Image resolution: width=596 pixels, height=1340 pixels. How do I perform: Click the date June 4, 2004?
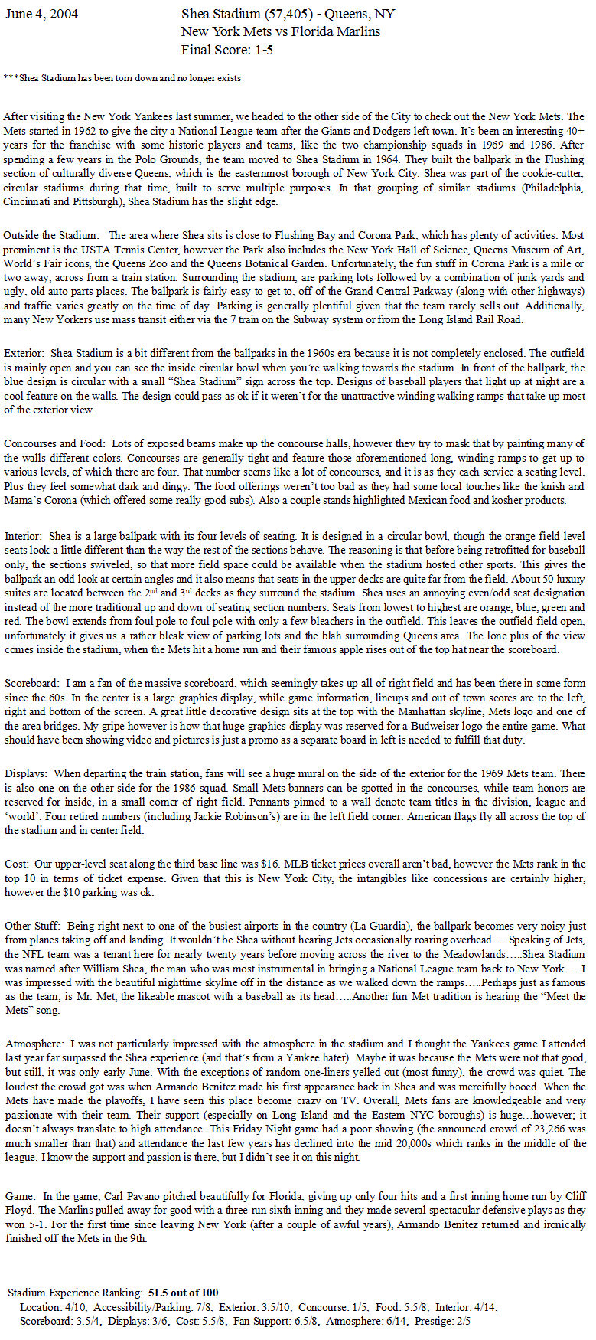[x=41, y=15]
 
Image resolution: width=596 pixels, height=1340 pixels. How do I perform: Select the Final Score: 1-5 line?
[x=227, y=50]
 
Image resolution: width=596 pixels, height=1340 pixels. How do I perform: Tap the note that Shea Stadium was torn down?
[x=122, y=78]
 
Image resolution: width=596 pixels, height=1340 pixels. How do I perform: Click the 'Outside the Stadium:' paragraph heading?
[x=51, y=235]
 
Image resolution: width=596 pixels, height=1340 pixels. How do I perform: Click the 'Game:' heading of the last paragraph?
[x=21, y=1196]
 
